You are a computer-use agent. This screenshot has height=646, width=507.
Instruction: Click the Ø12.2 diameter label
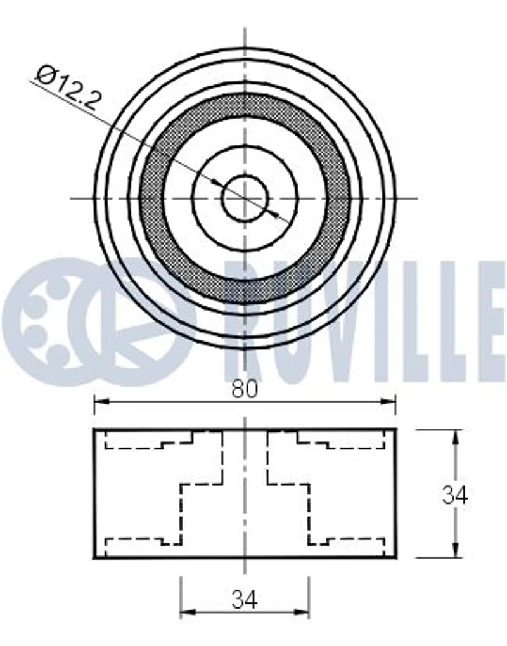[x=68, y=87]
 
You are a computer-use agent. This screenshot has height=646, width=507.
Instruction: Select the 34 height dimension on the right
[x=454, y=494]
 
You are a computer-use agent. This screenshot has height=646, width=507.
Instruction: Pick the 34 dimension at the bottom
[x=244, y=600]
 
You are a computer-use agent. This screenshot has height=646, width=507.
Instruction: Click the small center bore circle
[x=245, y=198]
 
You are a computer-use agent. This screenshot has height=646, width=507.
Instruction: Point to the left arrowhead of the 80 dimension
[x=101, y=401]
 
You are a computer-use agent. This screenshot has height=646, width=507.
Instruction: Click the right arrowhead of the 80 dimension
[x=389, y=401]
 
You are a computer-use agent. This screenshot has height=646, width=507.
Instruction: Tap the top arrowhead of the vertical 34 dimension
[x=455, y=436]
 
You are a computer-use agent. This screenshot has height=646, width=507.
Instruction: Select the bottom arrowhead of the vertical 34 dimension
[x=455, y=551]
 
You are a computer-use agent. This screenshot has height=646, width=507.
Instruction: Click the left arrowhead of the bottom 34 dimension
[x=187, y=612]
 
